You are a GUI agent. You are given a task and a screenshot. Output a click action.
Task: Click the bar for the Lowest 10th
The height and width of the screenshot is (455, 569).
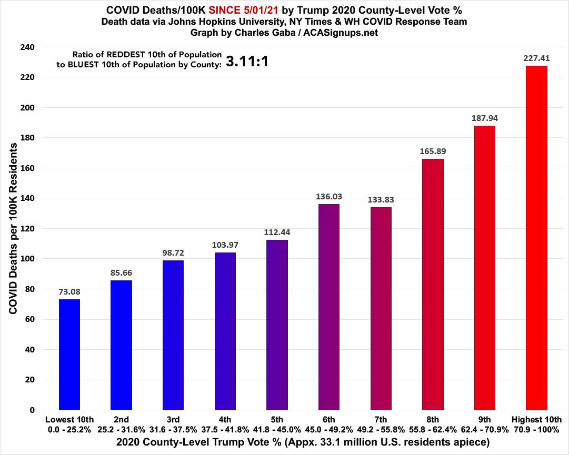click(x=69, y=355)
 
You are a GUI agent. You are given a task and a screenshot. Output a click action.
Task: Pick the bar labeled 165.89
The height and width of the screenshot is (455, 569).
click(x=433, y=284)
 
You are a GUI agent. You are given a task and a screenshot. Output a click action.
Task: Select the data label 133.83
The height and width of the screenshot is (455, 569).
click(x=381, y=200)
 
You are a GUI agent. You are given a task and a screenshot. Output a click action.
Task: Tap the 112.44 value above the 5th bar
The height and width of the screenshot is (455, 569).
click(x=277, y=232)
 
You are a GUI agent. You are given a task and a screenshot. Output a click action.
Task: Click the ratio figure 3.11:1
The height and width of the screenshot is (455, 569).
click(x=247, y=62)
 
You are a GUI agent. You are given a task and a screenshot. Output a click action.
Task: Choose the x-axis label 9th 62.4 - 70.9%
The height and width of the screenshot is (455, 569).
click(x=484, y=424)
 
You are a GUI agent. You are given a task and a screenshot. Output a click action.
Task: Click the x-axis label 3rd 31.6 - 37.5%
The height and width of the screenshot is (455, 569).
click(x=173, y=424)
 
